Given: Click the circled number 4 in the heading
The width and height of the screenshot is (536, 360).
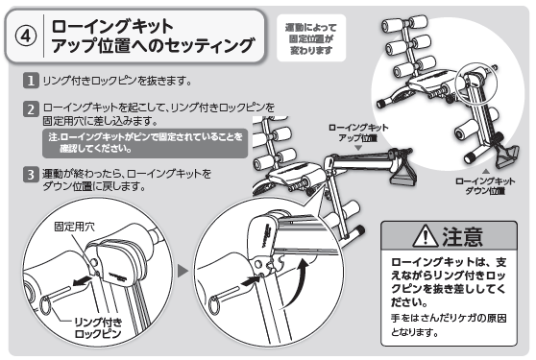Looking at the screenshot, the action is [26, 36].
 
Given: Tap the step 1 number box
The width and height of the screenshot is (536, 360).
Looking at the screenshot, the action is [31, 81].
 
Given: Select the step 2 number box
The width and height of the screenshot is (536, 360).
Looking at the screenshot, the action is [31, 109].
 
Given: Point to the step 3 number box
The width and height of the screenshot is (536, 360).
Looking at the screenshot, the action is [31, 174].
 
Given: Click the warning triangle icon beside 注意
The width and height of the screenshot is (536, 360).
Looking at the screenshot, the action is [425, 235].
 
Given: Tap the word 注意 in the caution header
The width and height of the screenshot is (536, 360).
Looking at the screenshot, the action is [462, 236].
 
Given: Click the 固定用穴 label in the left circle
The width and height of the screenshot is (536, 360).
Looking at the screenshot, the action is [75, 227].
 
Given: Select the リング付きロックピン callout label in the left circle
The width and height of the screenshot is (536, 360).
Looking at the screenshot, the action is [98, 327].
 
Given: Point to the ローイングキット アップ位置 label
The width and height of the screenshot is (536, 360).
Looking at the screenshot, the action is [358, 132].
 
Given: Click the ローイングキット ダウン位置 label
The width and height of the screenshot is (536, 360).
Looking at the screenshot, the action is [485, 186].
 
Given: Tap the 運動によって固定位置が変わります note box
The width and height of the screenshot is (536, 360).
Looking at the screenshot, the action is [311, 37].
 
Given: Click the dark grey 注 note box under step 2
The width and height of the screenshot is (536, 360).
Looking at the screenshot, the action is [145, 143].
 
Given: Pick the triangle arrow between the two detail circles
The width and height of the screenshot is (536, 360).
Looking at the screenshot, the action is [183, 272].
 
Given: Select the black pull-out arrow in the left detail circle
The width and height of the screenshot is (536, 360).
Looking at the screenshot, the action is [82, 280].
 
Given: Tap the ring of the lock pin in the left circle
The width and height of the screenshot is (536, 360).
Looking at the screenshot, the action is [45, 305].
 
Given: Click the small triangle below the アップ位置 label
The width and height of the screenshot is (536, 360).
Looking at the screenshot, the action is [358, 148].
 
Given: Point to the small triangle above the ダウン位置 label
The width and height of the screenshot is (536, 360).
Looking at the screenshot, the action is [485, 171].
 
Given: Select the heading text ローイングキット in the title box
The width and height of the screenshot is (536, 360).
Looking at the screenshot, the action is [112, 26].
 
